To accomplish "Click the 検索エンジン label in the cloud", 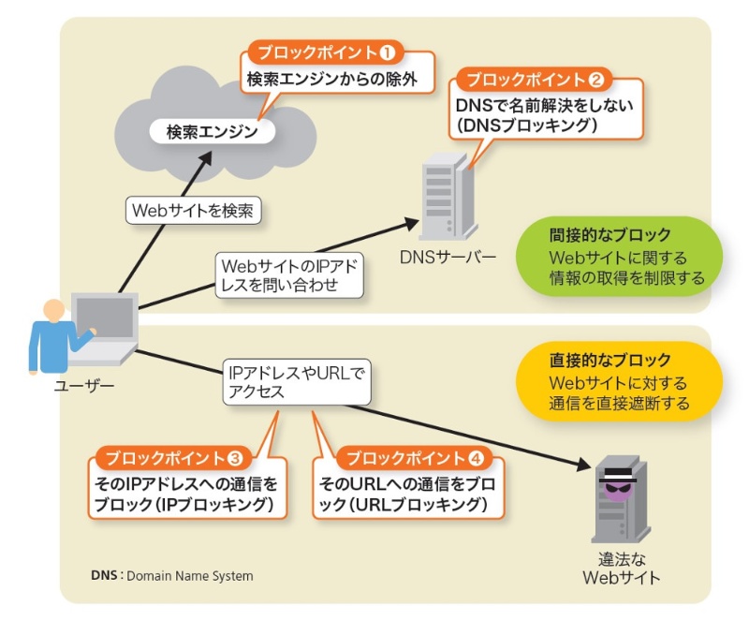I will (x=212, y=131).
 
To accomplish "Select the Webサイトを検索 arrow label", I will (x=191, y=210).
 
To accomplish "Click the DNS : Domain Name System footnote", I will (x=171, y=575).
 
